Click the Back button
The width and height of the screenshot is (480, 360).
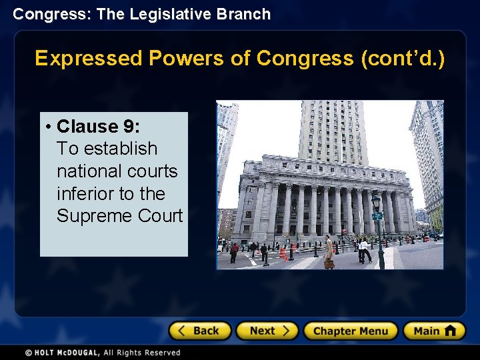[199, 331]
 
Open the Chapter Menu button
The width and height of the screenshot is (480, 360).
[350, 331]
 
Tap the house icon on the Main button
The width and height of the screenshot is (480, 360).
[451, 331]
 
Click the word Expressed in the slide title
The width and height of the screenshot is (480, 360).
[89, 59]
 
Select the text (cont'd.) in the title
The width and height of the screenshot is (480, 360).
[402, 59]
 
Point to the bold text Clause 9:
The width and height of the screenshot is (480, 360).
[98, 126]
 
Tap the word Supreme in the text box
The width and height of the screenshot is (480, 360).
[90, 216]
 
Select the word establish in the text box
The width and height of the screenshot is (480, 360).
[118, 149]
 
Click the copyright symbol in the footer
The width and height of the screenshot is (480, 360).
[28, 352]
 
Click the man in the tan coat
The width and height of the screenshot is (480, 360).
[328, 251]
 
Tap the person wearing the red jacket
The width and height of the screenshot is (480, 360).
[234, 252]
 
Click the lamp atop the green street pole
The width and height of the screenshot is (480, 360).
[376, 201]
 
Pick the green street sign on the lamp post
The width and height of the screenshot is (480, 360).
[377, 216]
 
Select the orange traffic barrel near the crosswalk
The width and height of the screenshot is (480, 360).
[283, 253]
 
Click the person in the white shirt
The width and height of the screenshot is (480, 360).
[363, 249]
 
